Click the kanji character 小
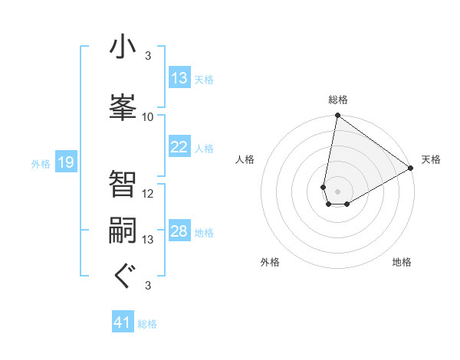pyautogui.click(x=123, y=48)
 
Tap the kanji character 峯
pyautogui.click(x=123, y=106)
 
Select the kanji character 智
pyautogui.click(x=123, y=184)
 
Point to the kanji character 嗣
pyautogui.click(x=123, y=231)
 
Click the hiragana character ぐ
pyautogui.click(x=123, y=276)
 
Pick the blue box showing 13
pyautogui.click(x=179, y=78)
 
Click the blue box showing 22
pyautogui.click(x=179, y=147)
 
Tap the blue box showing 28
pyautogui.click(x=179, y=231)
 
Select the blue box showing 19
pyautogui.click(x=65, y=162)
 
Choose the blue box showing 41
pyautogui.click(x=123, y=323)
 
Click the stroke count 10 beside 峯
pyautogui.click(x=148, y=117)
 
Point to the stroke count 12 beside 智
pyautogui.click(x=148, y=194)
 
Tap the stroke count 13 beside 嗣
pyautogui.click(x=148, y=240)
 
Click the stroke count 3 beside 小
pyautogui.click(x=147, y=56)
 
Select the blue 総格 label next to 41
pyautogui.click(x=147, y=324)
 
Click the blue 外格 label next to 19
pyautogui.click(x=40, y=163)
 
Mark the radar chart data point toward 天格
pyautogui.click(x=411, y=169)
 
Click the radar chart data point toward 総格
pyautogui.click(x=337, y=116)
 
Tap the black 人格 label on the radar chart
pyautogui.click(x=245, y=159)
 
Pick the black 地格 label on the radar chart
pyautogui.click(x=402, y=262)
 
